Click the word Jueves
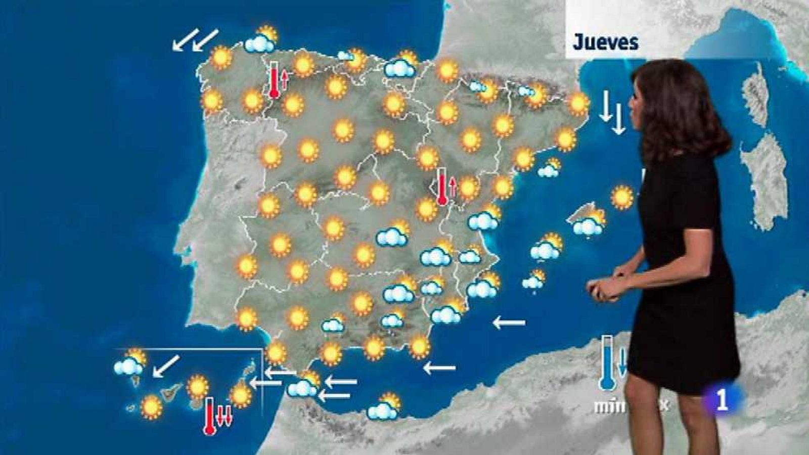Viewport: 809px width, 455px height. pyautogui.click(x=605, y=42)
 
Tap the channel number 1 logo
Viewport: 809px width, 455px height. pyautogui.click(x=722, y=399)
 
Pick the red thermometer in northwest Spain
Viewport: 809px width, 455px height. pyautogui.click(x=275, y=80)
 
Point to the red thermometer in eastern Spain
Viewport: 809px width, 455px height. pyautogui.click(x=442, y=186)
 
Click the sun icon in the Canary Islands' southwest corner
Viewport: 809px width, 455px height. pyautogui.click(x=151, y=407)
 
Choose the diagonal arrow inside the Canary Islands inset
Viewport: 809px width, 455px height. pyautogui.click(x=166, y=366)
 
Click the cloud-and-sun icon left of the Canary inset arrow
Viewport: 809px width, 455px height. pyautogui.click(x=129, y=363)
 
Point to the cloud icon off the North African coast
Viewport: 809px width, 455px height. pyautogui.click(x=383, y=408)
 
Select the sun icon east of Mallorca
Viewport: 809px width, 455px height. pyautogui.click(x=621, y=197)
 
